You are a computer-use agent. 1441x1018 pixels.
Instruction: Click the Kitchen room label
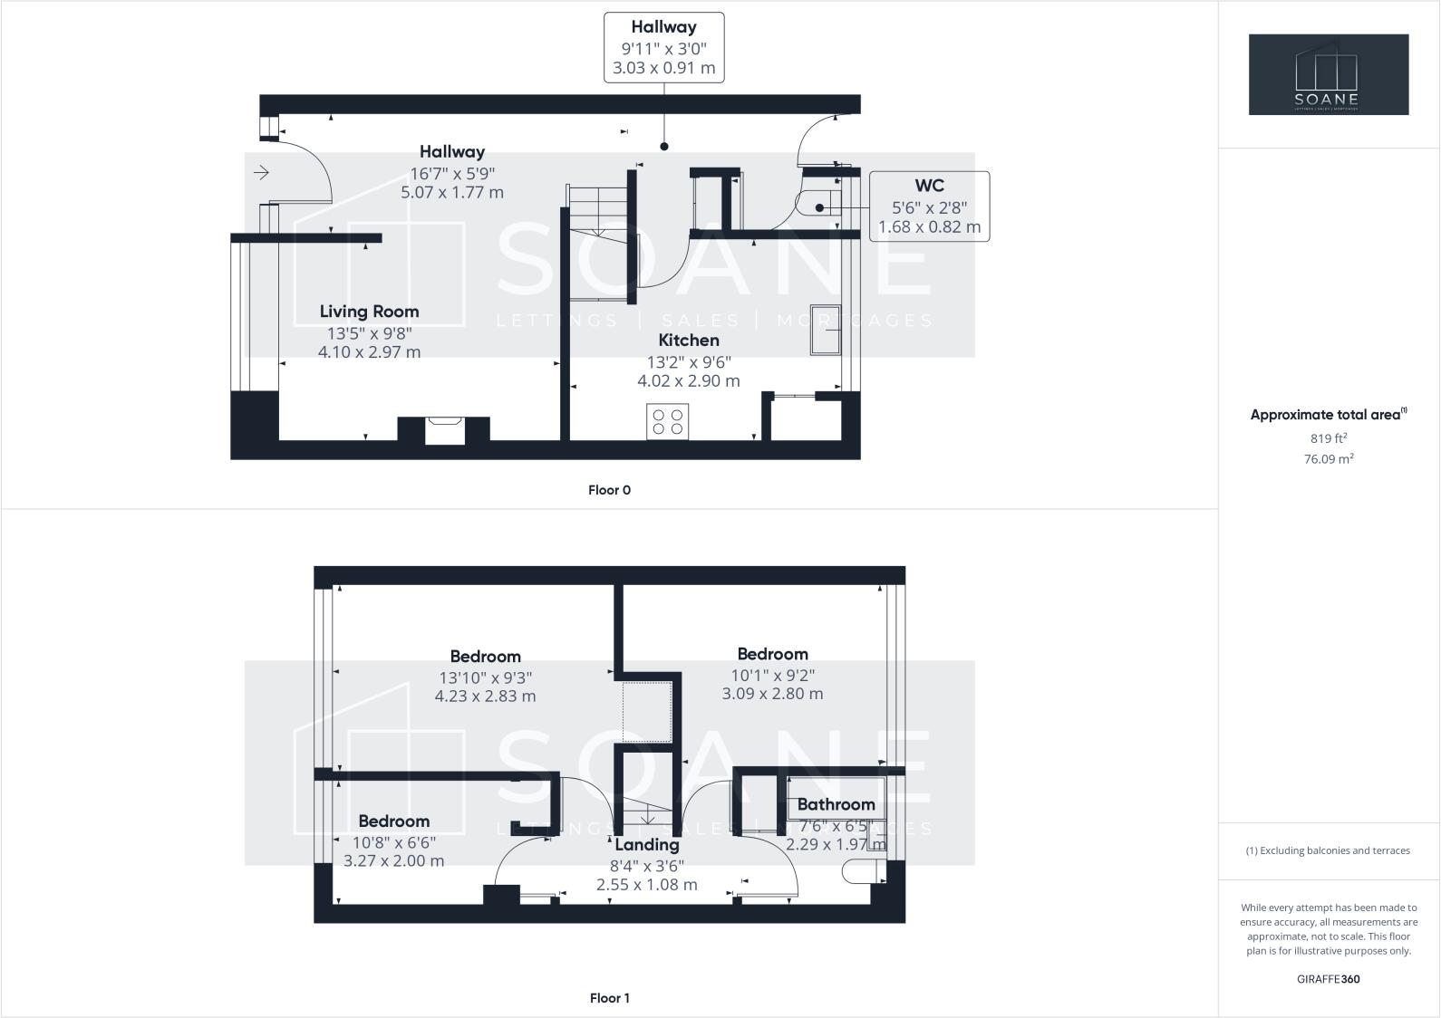click(689, 341)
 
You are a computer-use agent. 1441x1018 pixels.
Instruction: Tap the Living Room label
click(369, 312)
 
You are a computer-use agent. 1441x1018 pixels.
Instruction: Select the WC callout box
click(929, 206)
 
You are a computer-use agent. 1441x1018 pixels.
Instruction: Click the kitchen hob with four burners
click(668, 421)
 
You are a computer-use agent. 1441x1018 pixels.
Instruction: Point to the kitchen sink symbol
click(826, 331)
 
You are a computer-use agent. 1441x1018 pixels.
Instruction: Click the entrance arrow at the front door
click(262, 172)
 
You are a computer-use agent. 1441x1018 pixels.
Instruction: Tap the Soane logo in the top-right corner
click(1328, 74)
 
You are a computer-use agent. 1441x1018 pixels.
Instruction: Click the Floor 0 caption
click(609, 490)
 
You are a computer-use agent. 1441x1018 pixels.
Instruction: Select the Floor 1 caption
click(609, 998)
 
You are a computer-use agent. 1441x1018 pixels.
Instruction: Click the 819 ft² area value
click(1328, 438)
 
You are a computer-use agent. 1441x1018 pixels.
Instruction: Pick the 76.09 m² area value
click(1328, 459)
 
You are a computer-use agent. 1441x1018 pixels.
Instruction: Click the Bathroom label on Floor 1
click(836, 804)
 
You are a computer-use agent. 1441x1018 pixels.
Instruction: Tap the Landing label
click(647, 845)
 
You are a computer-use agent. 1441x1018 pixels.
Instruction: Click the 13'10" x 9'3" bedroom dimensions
click(486, 677)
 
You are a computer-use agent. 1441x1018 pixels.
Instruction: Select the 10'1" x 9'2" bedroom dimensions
click(772, 675)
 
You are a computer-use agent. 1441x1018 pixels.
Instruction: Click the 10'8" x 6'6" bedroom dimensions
click(393, 841)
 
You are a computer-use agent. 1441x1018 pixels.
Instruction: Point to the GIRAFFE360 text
click(1328, 979)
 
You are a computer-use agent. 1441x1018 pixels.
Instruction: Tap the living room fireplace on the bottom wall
click(444, 429)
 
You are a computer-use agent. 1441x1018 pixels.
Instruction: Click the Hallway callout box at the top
click(664, 47)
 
